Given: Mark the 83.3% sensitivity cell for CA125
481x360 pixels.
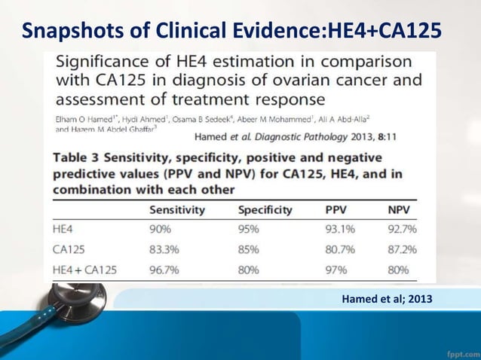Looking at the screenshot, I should [166, 248].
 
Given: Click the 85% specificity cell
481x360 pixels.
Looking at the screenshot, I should [250, 248].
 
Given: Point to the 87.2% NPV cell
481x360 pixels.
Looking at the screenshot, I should [402, 248].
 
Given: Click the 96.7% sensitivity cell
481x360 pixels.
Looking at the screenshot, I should [166, 269].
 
